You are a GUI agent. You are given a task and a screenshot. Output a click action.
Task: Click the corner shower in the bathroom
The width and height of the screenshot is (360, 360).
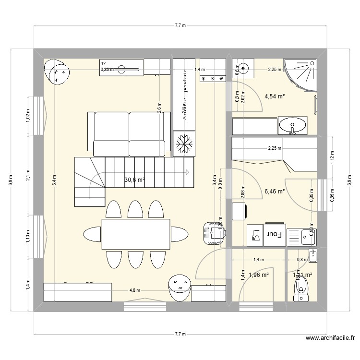click(x=301, y=74)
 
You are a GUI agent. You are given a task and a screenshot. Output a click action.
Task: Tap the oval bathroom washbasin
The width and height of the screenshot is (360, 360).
click(x=292, y=126)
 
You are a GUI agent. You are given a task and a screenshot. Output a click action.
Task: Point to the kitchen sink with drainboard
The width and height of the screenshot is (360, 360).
click(x=301, y=235)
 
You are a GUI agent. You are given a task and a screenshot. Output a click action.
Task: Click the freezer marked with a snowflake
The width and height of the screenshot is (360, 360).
click(x=184, y=144)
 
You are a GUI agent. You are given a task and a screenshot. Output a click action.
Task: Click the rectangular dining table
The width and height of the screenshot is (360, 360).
click(x=135, y=234)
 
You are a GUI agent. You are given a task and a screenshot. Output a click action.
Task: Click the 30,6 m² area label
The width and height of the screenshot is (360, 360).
click(x=135, y=180)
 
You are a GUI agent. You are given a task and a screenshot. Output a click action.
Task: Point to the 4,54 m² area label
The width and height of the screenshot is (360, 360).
click(x=275, y=96)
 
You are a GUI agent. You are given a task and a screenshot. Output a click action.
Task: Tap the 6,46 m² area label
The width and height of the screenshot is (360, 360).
click(x=275, y=191)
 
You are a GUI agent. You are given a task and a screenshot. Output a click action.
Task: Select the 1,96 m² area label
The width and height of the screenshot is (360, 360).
click(x=258, y=275)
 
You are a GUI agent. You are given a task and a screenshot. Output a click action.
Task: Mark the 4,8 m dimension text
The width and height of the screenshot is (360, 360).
click(x=135, y=290)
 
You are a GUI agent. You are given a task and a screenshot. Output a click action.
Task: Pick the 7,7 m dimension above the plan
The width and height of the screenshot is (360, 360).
click(x=180, y=25)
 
